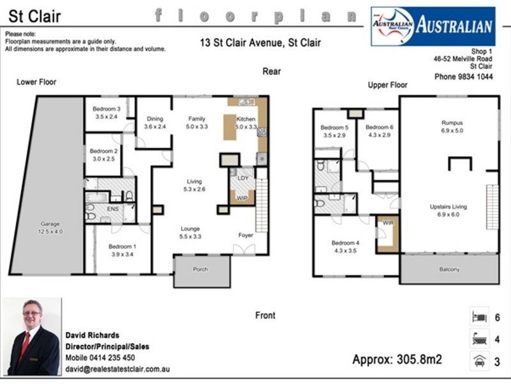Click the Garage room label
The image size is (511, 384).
click(x=50, y=224)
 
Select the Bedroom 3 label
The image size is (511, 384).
click(x=106, y=109)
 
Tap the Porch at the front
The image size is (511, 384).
click(x=201, y=269)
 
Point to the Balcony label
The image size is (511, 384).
click(x=449, y=269)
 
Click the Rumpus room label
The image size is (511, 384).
click(x=452, y=123)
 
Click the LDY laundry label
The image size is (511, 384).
click(x=243, y=178)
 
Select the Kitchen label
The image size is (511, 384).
click(x=246, y=119)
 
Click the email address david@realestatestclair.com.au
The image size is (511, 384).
click(x=118, y=369)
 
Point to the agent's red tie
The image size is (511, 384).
click(x=25, y=346)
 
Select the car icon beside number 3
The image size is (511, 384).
click(x=479, y=362)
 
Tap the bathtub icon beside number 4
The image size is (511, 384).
click(x=479, y=339)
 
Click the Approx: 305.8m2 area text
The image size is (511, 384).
click(x=397, y=359)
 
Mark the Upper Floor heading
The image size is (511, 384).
click(x=387, y=85)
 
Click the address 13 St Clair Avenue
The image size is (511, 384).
click(x=260, y=44)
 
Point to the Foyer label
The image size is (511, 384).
click(x=246, y=235)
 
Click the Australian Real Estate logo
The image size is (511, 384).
click(x=433, y=26)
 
